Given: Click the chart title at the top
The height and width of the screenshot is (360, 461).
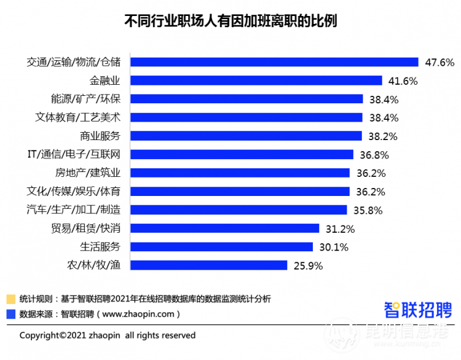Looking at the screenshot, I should [x=230, y=21].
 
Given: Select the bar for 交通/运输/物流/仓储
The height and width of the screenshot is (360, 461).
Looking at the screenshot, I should [x=274, y=62].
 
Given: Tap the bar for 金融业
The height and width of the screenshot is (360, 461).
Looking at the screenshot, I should [x=256, y=80].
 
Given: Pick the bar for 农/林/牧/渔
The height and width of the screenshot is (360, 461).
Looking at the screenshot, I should [x=209, y=265].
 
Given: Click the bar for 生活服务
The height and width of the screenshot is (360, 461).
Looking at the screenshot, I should [x=222, y=247].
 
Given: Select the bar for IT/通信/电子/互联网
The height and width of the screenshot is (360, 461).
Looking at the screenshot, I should [x=242, y=154].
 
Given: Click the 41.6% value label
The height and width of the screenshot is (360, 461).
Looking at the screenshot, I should [x=403, y=80].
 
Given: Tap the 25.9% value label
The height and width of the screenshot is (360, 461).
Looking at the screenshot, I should [x=308, y=265].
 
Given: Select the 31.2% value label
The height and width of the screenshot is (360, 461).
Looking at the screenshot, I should [x=340, y=229].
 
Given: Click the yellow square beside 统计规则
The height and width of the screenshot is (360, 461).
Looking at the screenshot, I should [x=10, y=299].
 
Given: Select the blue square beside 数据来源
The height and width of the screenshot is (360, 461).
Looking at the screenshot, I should [x=10, y=314].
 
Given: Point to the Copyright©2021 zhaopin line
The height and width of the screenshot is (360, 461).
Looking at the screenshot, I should [x=108, y=335].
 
